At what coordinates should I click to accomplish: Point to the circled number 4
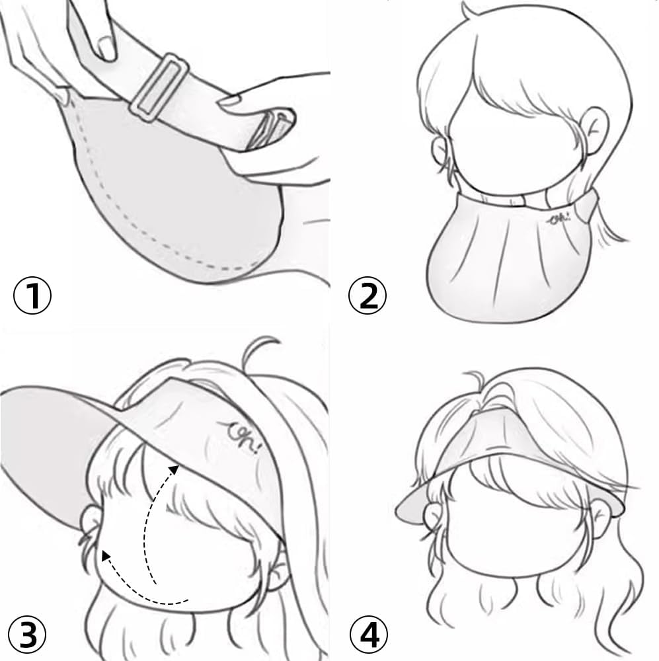(x=368, y=635)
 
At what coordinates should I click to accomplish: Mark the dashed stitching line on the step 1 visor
(x=132, y=238)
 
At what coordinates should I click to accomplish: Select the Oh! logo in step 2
(x=559, y=217)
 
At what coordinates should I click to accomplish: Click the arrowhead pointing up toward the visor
(x=174, y=469)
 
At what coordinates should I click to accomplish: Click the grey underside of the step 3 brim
(x=53, y=436)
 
